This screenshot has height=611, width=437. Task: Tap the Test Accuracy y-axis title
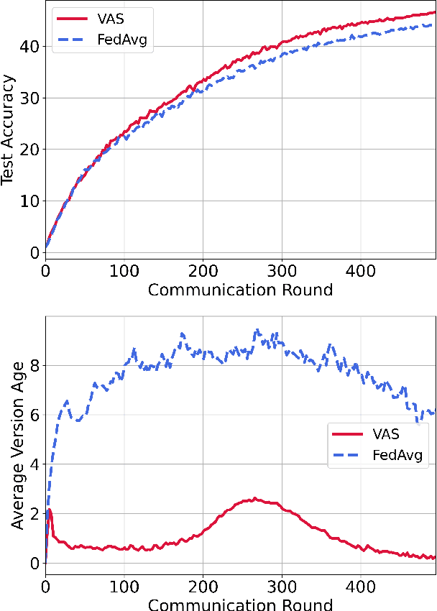[9, 132]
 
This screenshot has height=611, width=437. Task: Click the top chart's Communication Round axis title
[239, 290]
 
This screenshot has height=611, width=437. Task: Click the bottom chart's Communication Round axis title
[239, 604]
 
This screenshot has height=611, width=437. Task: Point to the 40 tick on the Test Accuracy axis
[30, 46]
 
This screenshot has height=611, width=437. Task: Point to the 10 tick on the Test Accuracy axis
[30, 201]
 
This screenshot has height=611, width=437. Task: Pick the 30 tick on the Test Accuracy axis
[30, 98]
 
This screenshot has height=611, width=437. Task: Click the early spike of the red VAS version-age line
[48, 510]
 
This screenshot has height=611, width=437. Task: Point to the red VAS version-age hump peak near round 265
[254, 498]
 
